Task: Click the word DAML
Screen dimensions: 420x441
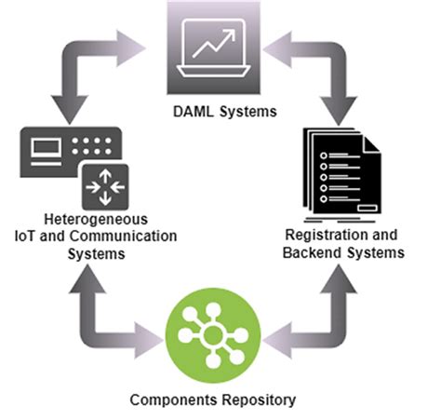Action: pyautogui.click(x=191, y=114)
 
